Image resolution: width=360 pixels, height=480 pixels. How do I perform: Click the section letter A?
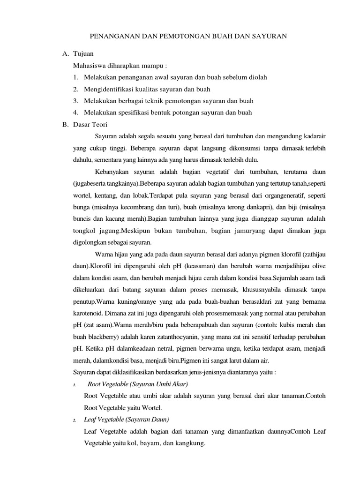pos(65,54)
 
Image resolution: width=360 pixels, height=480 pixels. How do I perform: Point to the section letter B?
pos(65,124)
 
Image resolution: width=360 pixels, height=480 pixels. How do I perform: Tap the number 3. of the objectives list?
pos(76,101)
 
